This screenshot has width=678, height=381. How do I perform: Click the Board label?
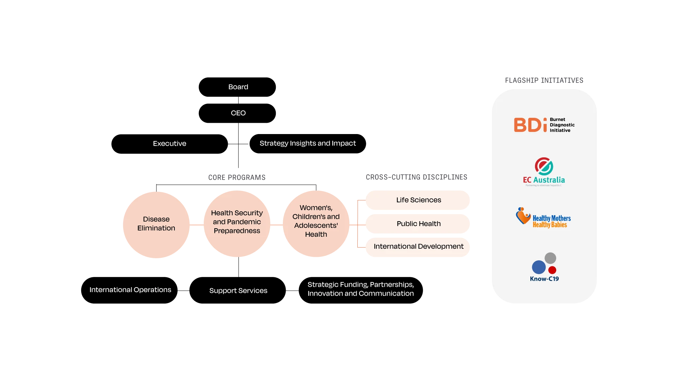[238, 87]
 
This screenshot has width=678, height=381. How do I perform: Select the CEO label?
[238, 113]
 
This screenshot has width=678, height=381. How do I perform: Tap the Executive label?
[169, 144]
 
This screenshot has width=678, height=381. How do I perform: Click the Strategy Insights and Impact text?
[308, 143]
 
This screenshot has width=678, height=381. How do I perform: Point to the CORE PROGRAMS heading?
[237, 177]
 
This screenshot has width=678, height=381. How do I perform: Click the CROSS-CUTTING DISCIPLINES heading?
[416, 177]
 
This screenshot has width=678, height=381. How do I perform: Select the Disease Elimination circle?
[156, 224]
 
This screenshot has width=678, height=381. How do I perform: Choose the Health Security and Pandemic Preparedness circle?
[237, 223]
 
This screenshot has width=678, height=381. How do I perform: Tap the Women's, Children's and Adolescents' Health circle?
[316, 223]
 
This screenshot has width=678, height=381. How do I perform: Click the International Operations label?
[130, 290]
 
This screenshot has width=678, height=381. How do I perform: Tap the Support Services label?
[238, 291]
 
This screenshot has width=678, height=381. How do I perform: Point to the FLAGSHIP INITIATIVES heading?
[544, 80]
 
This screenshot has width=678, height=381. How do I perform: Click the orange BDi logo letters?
[530, 125]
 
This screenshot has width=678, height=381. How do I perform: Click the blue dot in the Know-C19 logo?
[539, 267]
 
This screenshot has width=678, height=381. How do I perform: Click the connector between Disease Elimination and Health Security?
[197, 225]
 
